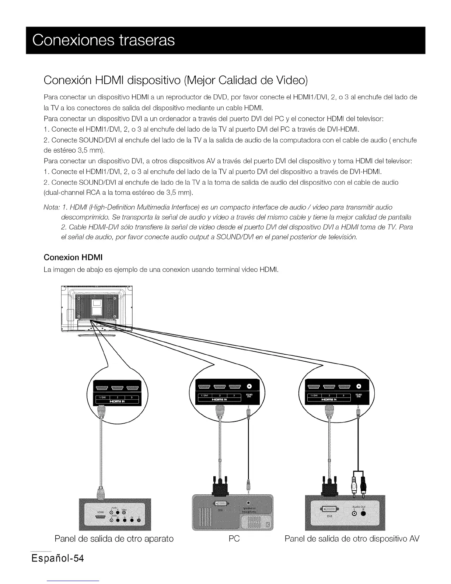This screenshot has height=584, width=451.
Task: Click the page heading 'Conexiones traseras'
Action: (104, 40)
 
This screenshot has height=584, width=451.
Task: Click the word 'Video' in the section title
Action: (291, 80)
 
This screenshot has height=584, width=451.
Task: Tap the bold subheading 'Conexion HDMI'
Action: (73, 257)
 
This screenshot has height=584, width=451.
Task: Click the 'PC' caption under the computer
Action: (234, 539)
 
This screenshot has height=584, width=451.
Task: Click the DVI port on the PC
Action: (220, 504)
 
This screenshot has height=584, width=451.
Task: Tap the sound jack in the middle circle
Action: (249, 386)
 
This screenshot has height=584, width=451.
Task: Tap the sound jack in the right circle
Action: (359, 386)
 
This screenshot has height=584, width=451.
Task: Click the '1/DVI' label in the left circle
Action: (98, 397)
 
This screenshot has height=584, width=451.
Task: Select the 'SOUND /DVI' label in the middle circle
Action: (249, 396)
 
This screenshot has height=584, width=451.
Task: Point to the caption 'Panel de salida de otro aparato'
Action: (114, 539)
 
